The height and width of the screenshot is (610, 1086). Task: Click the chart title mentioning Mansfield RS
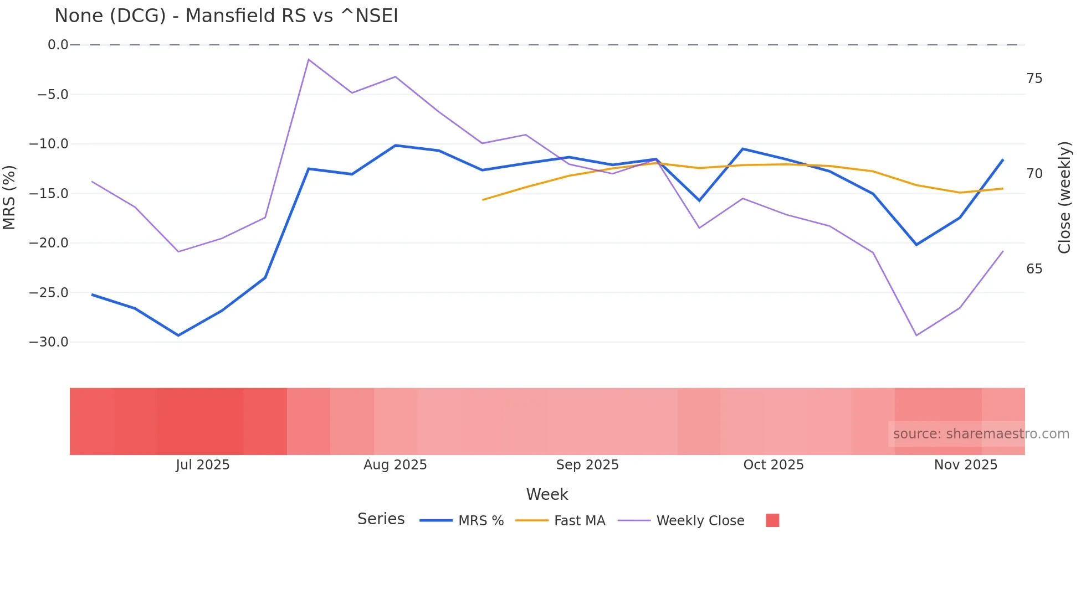point(226,16)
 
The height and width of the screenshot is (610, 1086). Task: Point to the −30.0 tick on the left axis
point(49,342)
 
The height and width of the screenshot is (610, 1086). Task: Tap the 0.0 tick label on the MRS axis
point(58,45)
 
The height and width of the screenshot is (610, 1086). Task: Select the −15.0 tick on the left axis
point(49,194)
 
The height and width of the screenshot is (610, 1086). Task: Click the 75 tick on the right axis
point(1034,79)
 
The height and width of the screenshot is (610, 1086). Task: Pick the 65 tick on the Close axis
point(1034,269)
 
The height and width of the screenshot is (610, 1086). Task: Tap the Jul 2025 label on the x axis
point(203,465)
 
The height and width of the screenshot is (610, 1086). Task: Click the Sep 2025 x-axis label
point(587,465)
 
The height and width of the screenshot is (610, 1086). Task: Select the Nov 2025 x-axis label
point(965,465)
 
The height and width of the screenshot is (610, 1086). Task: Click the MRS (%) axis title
point(9,197)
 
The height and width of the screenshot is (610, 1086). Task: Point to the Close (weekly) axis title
point(1064,197)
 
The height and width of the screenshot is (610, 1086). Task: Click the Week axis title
point(547,494)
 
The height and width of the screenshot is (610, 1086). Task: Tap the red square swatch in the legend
point(772,520)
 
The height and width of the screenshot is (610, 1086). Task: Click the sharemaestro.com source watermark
point(981,434)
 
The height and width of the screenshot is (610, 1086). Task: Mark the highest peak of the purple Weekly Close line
point(309,59)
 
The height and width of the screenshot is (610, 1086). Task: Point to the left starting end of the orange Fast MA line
point(483,200)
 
